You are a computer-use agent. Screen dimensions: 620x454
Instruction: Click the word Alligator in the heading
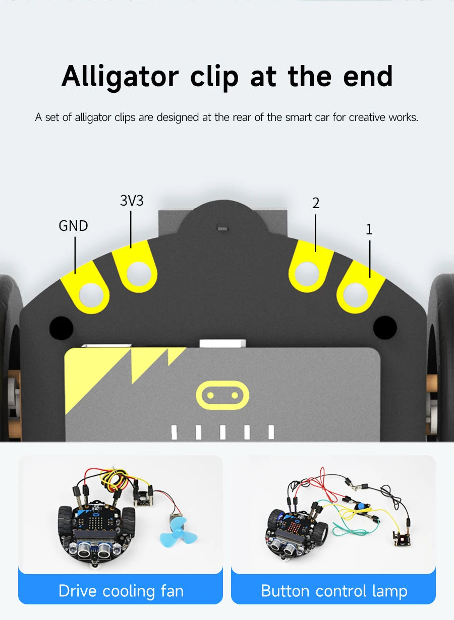[120, 77]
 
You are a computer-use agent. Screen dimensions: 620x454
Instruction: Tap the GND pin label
[73, 226]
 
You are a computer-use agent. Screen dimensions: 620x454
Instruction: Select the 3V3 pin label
[132, 201]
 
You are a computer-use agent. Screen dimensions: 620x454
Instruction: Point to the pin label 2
[316, 203]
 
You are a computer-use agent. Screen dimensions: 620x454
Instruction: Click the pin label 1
[369, 229]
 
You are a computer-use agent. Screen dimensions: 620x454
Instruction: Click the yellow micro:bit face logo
[222, 395]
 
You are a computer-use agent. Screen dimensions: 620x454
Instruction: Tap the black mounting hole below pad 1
[385, 327]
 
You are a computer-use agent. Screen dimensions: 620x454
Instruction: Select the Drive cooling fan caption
[121, 590]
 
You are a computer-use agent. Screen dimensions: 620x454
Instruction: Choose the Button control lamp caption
[334, 590]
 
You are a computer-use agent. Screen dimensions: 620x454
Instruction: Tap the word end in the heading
[368, 77]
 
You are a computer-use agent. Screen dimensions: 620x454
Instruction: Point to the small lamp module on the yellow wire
[403, 539]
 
